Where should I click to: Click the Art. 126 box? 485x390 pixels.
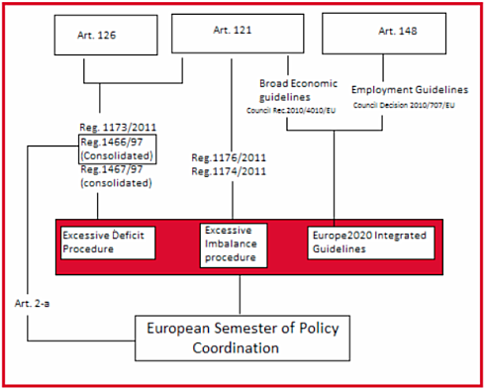tap(106, 35)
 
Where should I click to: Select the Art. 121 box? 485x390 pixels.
tap(238, 34)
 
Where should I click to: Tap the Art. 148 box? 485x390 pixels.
tap(384, 34)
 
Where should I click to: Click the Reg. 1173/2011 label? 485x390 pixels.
tap(118, 128)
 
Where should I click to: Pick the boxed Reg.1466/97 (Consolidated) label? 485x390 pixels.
tap(118, 148)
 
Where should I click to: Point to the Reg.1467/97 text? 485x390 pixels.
tap(112, 169)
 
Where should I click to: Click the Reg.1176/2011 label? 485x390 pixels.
tap(229, 157)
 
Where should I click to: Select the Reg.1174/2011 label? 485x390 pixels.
tap(229, 171)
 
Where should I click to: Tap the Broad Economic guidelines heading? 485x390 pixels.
tap(298, 90)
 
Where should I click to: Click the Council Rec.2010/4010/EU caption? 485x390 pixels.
tap(291, 110)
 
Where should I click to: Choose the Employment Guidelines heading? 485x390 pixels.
tap(410, 90)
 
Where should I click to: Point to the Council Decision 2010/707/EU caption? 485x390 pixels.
tap(404, 105)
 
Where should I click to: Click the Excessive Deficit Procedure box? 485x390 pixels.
tap(108, 243)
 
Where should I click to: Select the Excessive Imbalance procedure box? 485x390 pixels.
tap(234, 245)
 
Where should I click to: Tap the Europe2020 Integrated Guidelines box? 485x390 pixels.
tap(371, 243)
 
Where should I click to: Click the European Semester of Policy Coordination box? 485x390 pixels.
tap(242, 339)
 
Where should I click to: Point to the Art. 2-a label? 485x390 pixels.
tap(32, 304)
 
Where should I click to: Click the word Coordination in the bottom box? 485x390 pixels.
tap(236, 348)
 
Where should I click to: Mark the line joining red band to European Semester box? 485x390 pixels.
tap(240, 295)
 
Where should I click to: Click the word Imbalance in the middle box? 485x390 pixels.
tap(231, 244)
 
